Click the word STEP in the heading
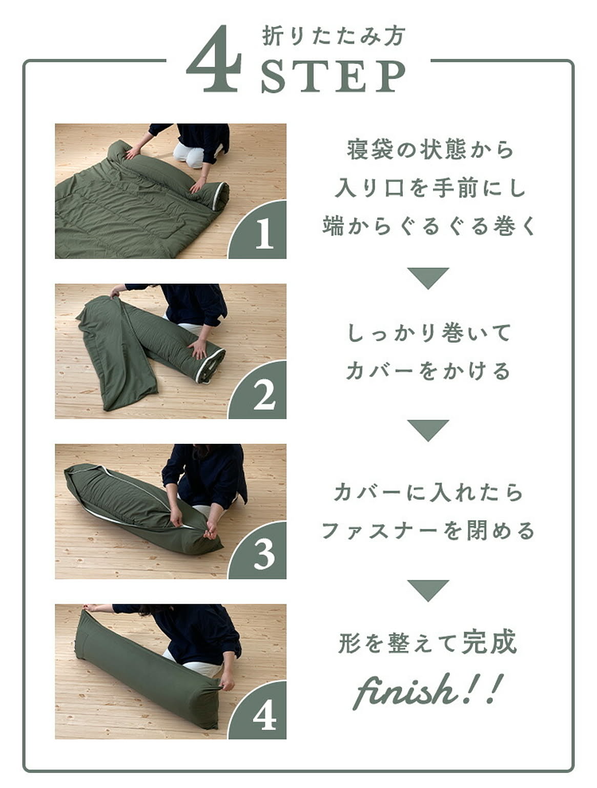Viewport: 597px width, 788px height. tap(334, 76)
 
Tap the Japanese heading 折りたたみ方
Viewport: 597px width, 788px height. tap(334, 36)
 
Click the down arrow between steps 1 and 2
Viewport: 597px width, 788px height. tap(428, 278)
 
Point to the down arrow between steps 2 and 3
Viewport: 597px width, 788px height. tap(428, 430)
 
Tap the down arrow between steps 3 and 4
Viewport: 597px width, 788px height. tap(428, 590)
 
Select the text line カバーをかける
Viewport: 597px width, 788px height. tap(428, 371)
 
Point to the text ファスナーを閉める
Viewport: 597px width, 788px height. tap(428, 531)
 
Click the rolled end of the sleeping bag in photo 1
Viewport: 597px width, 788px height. tap(219, 196)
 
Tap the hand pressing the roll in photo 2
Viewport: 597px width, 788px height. tap(198, 349)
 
